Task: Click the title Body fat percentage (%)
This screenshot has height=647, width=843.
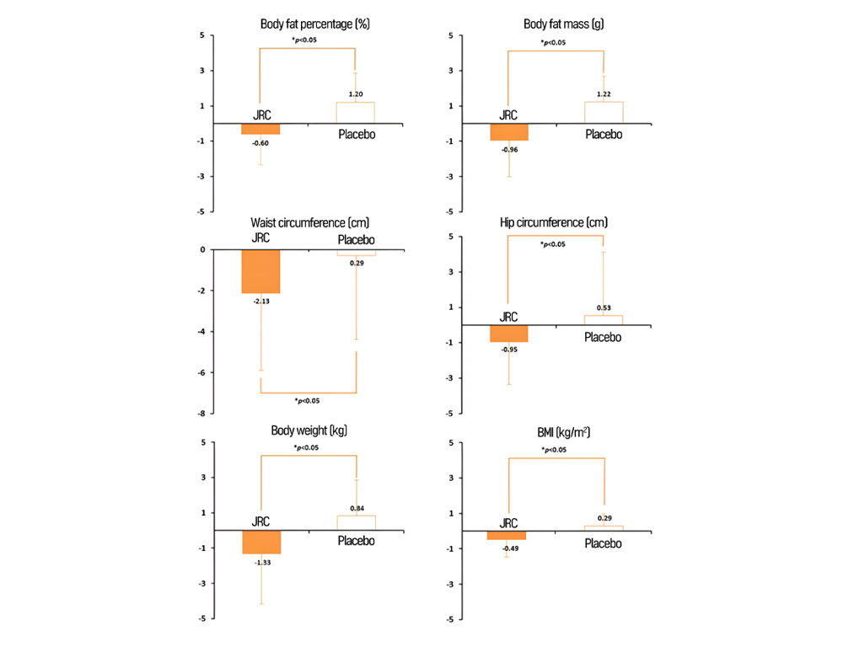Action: click(x=311, y=24)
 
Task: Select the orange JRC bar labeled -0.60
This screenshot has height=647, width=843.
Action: click(x=261, y=129)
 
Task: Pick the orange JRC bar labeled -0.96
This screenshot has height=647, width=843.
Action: click(x=509, y=132)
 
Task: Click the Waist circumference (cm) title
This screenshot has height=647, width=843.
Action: click(x=311, y=222)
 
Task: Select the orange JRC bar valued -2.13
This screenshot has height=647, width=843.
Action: click(x=261, y=271)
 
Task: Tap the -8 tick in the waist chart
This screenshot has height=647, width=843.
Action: click(x=201, y=414)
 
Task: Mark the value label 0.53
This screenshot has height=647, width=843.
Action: click(x=604, y=308)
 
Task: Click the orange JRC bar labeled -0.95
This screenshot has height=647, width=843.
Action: click(x=509, y=334)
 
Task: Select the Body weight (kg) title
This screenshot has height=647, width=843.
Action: click(x=309, y=430)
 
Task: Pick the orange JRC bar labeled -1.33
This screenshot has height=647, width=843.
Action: click(x=261, y=542)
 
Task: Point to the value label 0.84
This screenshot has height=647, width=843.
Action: click(x=356, y=509)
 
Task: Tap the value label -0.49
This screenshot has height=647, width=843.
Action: click(x=509, y=549)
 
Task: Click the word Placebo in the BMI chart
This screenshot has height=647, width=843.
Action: click(x=604, y=543)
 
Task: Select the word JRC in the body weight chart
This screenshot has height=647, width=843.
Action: click(x=261, y=522)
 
